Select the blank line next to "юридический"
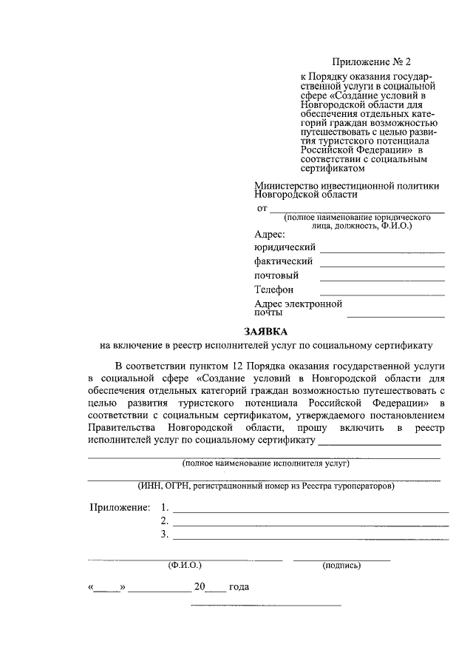click(x=382, y=252)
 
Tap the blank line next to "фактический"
click(x=382, y=266)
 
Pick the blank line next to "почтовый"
click(x=382, y=280)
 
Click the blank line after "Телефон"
click(x=382, y=295)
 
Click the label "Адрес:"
click(x=269, y=235)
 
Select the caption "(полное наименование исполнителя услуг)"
click(x=266, y=464)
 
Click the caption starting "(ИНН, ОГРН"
click(x=266, y=486)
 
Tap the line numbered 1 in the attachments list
click(x=310, y=512)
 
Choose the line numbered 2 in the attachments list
click(x=310, y=525)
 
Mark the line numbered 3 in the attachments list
click(x=310, y=538)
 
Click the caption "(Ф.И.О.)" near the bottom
click(x=185, y=566)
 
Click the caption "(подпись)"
click(x=341, y=566)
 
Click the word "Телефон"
click(x=274, y=290)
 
